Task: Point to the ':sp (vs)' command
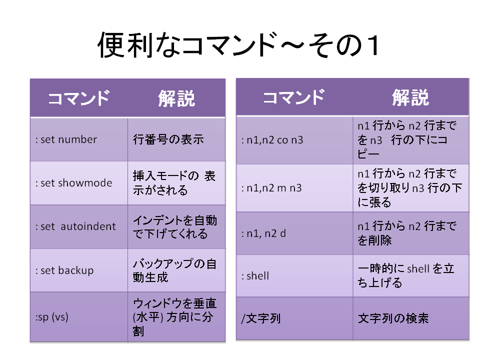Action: point(51,317)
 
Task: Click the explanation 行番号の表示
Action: point(168,139)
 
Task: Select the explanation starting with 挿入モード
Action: point(174,183)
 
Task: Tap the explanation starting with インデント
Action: point(175,227)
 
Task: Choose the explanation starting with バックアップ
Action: point(174,270)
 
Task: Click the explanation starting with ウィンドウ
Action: point(174,317)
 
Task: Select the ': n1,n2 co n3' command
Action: point(272,140)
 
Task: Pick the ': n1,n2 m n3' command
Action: point(271,187)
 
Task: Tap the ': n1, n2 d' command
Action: point(263,233)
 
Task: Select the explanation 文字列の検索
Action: point(393,318)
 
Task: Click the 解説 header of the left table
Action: point(176,98)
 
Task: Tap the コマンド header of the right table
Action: point(294,97)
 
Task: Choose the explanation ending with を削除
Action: point(407,233)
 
